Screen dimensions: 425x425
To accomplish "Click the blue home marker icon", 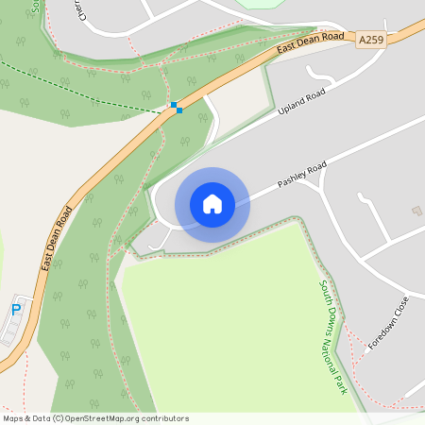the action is (212, 203).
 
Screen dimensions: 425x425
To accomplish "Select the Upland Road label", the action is (301, 103).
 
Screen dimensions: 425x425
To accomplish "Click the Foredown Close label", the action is (386, 324).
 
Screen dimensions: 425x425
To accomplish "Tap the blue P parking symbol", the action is (16, 310).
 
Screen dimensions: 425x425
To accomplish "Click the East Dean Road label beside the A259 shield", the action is (310, 43).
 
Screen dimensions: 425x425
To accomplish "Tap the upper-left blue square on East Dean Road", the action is (173, 104).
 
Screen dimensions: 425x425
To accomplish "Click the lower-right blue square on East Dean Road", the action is (178, 110).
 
